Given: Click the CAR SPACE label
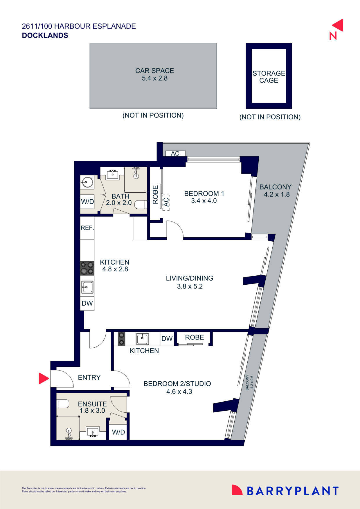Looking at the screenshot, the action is point(154,71).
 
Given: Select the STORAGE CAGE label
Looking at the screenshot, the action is point(269,77).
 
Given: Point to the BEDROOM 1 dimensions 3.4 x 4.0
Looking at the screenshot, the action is point(204,201).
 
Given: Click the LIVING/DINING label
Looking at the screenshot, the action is point(190,278).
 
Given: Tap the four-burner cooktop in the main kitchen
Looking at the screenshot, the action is point(87,268).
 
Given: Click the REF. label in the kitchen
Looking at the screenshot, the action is point(87,228).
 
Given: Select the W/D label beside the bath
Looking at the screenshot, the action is point(87,202).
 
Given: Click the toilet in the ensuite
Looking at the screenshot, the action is point(63,404).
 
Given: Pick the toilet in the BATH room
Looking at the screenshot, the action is point(141,204).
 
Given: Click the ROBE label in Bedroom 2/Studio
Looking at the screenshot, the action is point(195,337).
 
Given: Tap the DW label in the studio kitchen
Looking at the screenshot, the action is point(167,339).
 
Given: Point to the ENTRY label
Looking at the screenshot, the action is point(89,378).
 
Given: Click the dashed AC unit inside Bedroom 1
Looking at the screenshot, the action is point(166,202).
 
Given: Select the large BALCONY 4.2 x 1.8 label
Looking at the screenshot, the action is point(275,191).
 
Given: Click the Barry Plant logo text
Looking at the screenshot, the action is point(293,491).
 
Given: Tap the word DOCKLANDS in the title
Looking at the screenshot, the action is point(45,35).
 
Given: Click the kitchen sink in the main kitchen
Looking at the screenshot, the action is point(87,287).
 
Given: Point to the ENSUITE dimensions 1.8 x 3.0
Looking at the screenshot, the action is point(92,411).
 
